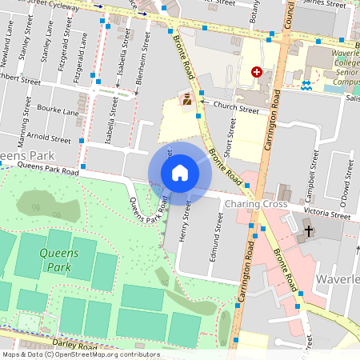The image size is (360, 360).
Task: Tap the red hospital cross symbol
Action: [x=257, y=71]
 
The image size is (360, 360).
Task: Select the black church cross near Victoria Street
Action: [x=309, y=231]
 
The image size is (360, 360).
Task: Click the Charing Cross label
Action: [x=255, y=205]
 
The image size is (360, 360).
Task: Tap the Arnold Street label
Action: [x=48, y=138]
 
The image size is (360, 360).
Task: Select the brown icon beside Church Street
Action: [x=186, y=100]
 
